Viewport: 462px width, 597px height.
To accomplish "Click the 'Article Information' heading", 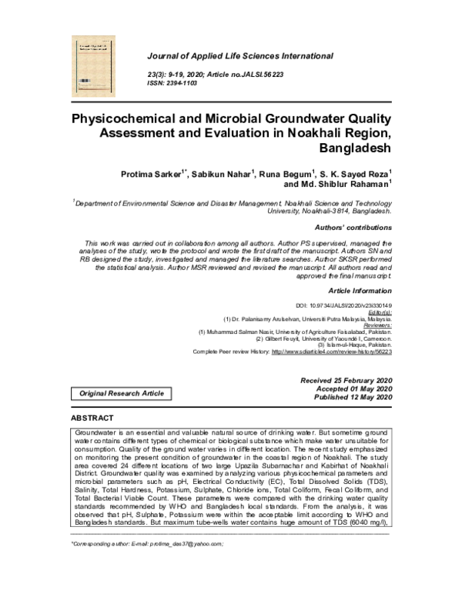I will (x=360, y=291).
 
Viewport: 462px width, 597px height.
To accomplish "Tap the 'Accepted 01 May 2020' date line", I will (x=353, y=389).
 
